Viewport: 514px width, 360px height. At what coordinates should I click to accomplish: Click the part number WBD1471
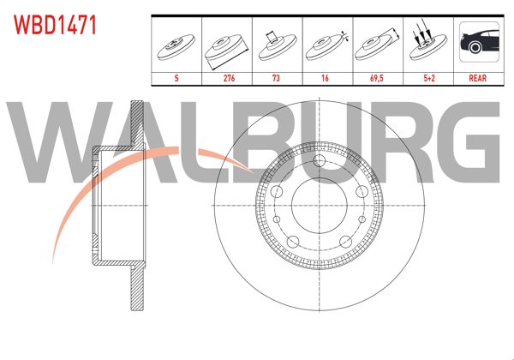pos(53,22)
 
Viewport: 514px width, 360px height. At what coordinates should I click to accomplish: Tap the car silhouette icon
pos(477,43)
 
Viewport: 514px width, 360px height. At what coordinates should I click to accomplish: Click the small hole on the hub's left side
pos(279,199)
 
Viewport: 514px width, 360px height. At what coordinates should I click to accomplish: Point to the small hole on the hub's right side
pos(355,199)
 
